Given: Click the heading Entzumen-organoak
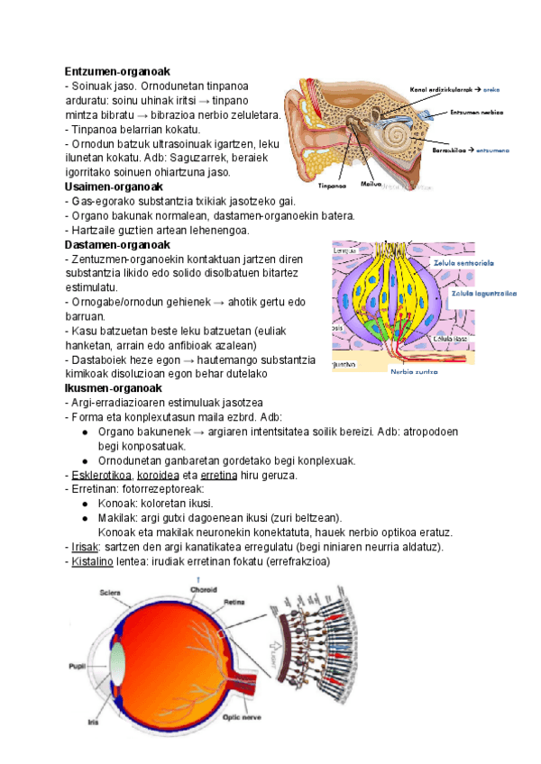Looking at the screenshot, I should point(117,71).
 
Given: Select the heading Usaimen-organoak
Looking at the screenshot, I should point(113,186).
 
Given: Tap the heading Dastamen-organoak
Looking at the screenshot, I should point(116,244).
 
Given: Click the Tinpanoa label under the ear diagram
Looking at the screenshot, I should point(333,186).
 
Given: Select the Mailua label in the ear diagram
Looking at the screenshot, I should point(371,183).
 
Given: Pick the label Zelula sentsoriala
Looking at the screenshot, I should point(464,262).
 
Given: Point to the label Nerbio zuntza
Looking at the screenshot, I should point(414,370).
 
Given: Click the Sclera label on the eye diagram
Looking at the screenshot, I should point(110,594).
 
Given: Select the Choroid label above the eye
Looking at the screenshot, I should point(202,590).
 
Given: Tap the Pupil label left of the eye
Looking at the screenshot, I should point(78,668).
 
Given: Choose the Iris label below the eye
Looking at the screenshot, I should point(93,721).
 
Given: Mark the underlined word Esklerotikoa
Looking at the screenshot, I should point(102,475).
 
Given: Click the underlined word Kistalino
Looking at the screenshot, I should point(92,561).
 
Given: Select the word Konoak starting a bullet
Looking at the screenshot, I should point(115,504).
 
